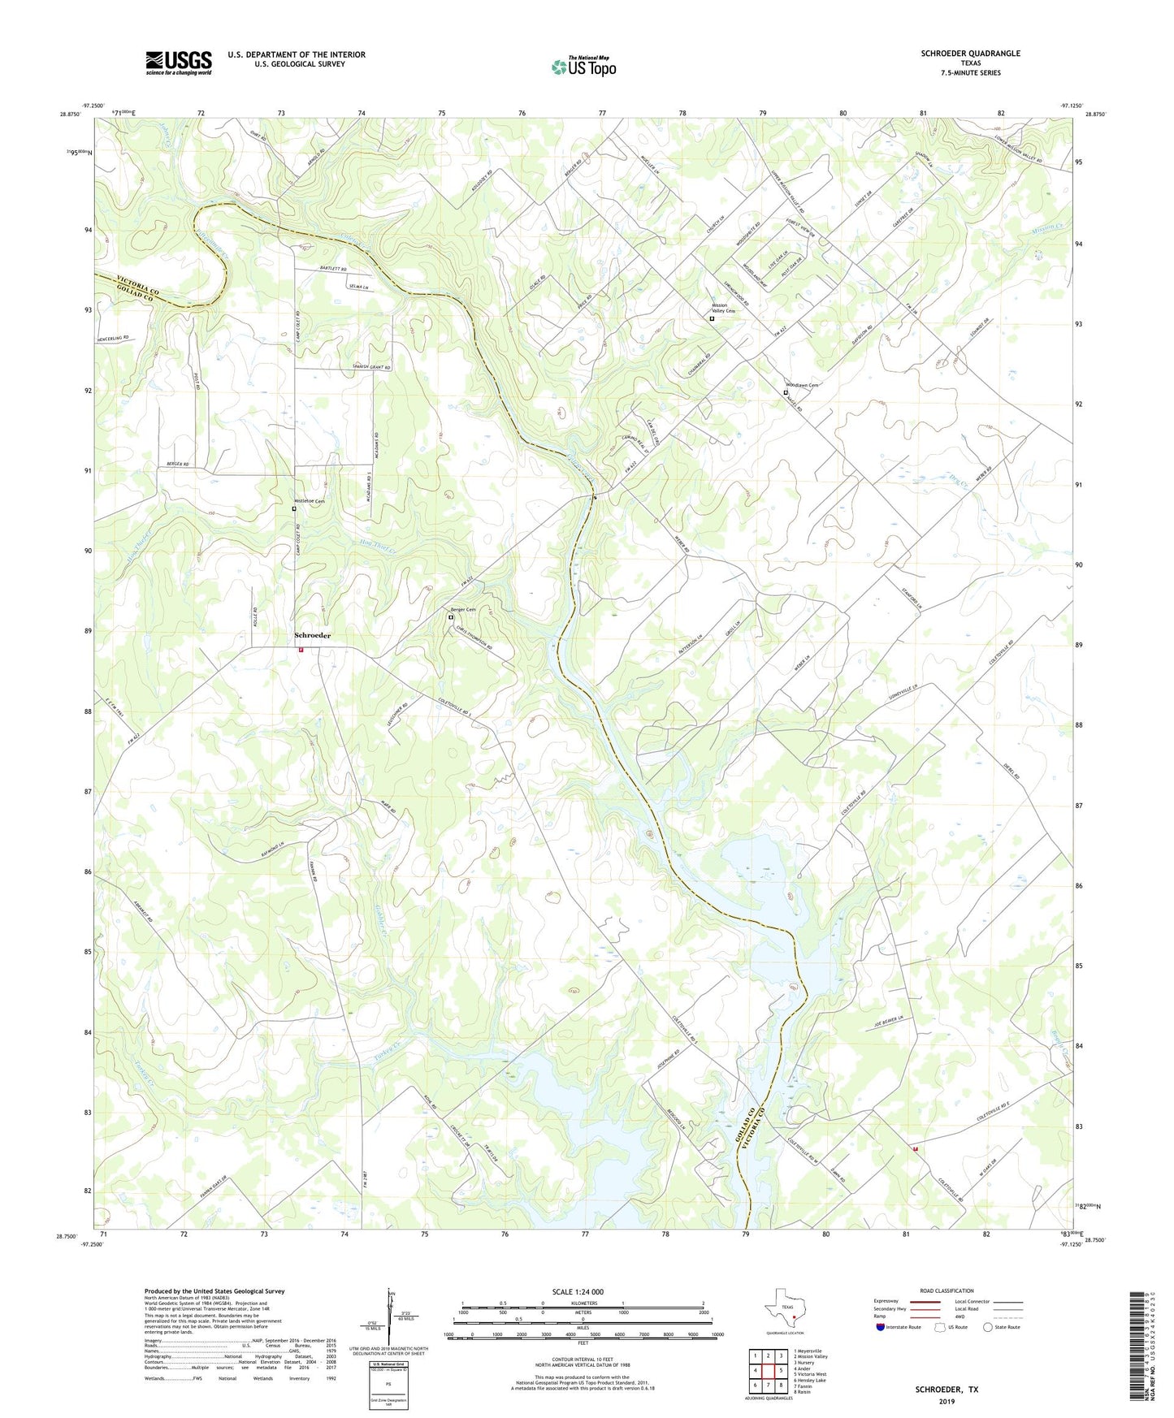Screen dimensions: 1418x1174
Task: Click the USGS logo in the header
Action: pyautogui.click(x=179, y=63)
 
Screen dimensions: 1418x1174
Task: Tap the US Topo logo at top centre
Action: pyautogui.click(x=583, y=67)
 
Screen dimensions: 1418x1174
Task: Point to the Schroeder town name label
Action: pyautogui.click(x=312, y=635)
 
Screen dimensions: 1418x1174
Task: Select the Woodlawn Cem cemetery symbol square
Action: pyautogui.click(x=786, y=393)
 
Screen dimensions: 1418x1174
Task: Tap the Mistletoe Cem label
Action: pyautogui.click(x=310, y=501)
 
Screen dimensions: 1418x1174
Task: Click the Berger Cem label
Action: pyautogui.click(x=464, y=609)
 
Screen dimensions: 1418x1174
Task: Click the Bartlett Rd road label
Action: pyautogui.click(x=333, y=269)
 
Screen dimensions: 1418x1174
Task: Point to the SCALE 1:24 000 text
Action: pyautogui.click(x=578, y=1291)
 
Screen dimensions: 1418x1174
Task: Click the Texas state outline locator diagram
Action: pyautogui.click(x=784, y=1308)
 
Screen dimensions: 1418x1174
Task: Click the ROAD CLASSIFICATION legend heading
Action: pyautogui.click(x=946, y=1290)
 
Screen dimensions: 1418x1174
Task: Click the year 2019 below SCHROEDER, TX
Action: pyautogui.click(x=947, y=1401)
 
